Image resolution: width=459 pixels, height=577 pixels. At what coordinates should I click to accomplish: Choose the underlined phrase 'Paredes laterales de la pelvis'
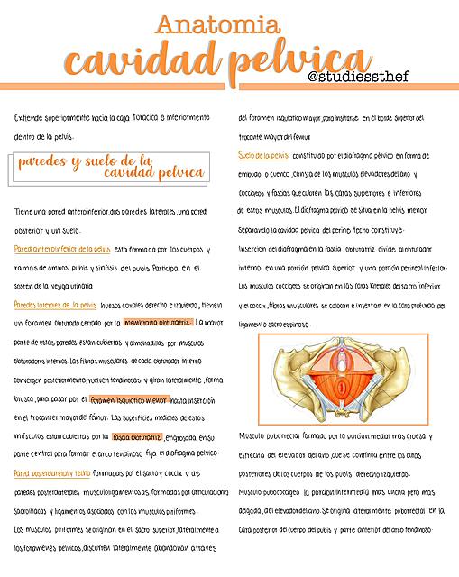(x=56, y=305)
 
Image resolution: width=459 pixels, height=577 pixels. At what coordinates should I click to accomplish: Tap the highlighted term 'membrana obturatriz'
(x=159, y=321)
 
